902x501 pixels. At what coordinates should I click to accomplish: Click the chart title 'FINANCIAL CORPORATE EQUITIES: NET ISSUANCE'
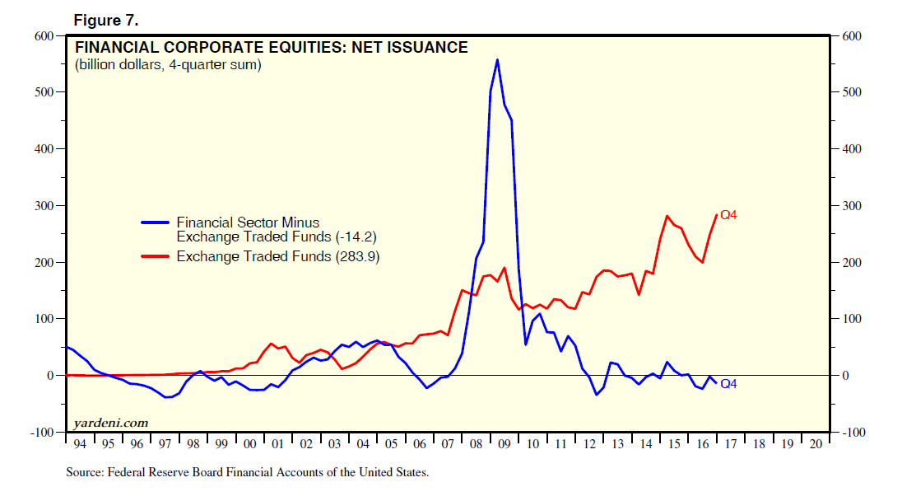pos(272,48)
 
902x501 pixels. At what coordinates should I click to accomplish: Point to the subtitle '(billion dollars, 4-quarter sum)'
pos(168,65)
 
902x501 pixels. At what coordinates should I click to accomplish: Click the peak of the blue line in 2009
pos(497,59)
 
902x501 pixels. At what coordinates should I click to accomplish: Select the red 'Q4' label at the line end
pos(728,215)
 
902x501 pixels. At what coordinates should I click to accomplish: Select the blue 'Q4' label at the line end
pos(728,384)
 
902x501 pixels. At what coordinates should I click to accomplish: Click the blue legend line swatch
pos(156,222)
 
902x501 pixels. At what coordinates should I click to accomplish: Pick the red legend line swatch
pos(156,256)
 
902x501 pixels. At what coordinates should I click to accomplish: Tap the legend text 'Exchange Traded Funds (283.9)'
pos(278,256)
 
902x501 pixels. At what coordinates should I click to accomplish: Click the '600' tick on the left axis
pos(44,35)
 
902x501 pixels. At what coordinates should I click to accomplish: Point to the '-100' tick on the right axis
pos(853,433)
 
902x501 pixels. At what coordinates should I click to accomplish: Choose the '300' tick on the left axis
pos(44,205)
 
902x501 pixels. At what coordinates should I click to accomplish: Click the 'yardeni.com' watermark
pos(110,423)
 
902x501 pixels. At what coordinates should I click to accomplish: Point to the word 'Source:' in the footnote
pos(84,473)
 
